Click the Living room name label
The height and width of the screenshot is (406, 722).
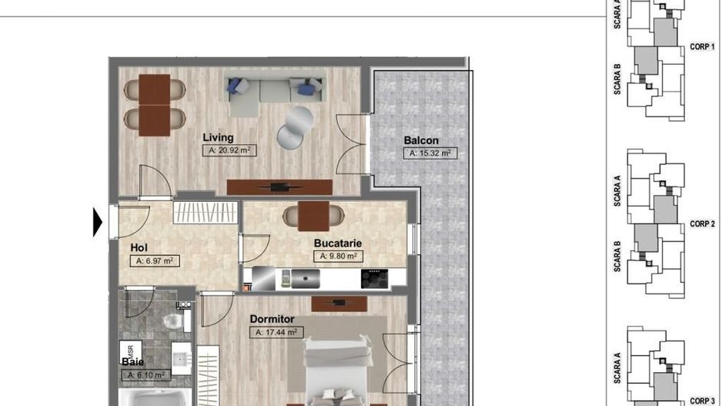pos(218,137)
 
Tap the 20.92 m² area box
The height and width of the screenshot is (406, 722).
pos(229,151)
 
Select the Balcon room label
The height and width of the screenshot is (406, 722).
pos(421,140)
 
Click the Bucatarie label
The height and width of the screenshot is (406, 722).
pos(337,243)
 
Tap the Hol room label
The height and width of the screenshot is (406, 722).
pos(139,247)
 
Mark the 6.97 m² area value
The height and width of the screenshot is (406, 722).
pos(155,261)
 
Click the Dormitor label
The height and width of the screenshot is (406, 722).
pos(272,317)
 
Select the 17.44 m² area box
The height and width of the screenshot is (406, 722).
pos(276,332)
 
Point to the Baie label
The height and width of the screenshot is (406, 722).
pos(132,361)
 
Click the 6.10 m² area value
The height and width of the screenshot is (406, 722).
pos(145,374)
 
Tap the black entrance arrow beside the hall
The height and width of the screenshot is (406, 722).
pos(98,222)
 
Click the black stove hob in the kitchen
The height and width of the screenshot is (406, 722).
pos(375,277)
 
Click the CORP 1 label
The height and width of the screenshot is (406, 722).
pos(702,46)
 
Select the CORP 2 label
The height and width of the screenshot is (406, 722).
pos(702,223)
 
